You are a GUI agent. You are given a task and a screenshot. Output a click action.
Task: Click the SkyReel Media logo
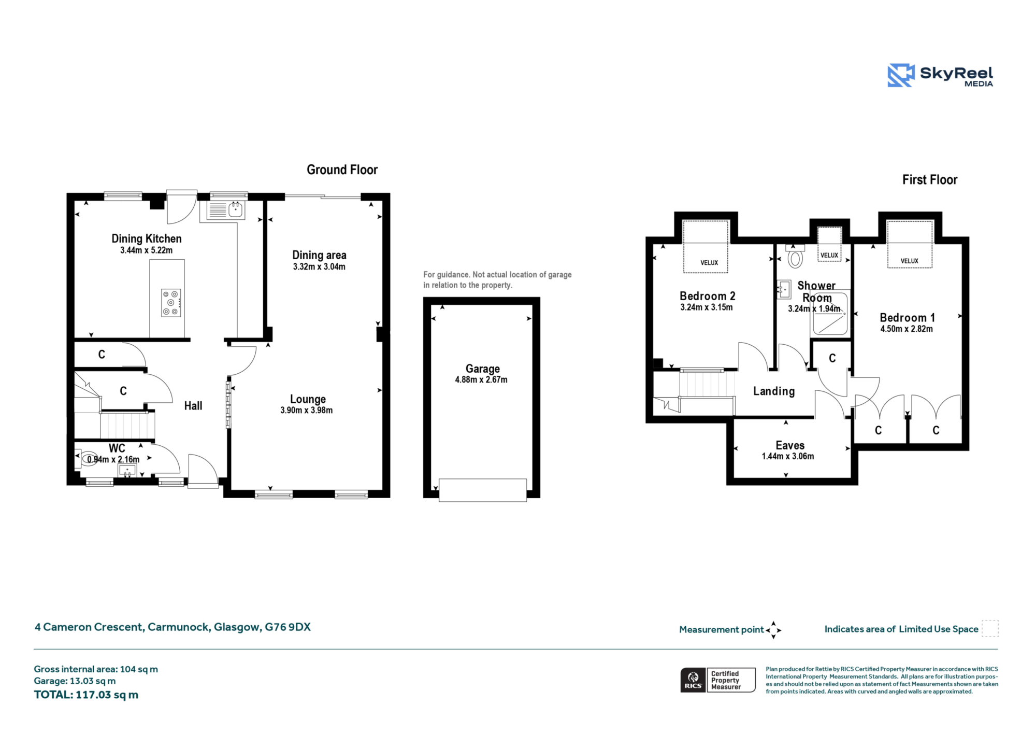[x=940, y=75]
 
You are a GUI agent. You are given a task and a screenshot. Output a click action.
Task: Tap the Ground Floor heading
[x=342, y=170]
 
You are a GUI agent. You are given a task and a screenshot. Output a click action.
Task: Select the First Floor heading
[x=930, y=179]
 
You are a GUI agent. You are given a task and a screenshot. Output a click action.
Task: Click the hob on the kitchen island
[x=171, y=303]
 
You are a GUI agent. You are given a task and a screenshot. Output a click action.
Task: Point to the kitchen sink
[x=226, y=210]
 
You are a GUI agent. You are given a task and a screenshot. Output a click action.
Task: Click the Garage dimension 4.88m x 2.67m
[x=481, y=379]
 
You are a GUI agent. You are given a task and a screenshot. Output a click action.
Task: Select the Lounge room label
[x=308, y=399]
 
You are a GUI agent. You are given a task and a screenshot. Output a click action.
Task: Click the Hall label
[x=193, y=405]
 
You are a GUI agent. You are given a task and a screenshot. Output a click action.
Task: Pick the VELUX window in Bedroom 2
[x=706, y=246]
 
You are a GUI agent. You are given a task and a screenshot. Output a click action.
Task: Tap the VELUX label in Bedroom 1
[x=910, y=261]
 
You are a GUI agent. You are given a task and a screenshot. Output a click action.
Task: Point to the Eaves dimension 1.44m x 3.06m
[x=788, y=456]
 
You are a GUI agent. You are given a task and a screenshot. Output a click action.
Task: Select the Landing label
[x=774, y=391]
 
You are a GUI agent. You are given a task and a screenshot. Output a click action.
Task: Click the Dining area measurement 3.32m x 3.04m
[x=319, y=266]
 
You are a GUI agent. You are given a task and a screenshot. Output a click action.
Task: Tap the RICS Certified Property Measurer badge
[x=718, y=680]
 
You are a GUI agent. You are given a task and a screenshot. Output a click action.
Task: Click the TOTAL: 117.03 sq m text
[x=86, y=695]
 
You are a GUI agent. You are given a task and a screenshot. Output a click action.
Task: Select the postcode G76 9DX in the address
[x=287, y=627]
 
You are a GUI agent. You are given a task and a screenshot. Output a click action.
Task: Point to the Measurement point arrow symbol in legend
[x=773, y=630]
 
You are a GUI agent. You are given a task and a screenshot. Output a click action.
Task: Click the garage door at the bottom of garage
[x=483, y=490]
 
